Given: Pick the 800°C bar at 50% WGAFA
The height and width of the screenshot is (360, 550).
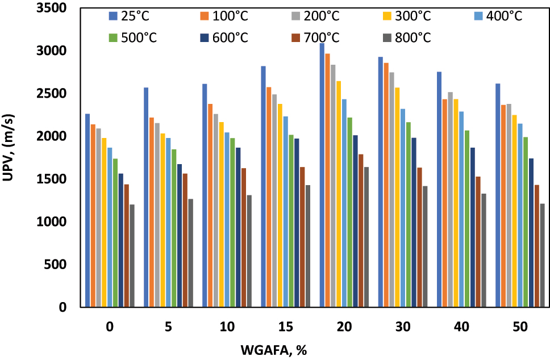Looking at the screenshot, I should click(x=542, y=255).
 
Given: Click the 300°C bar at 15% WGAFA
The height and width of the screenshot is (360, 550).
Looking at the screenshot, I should click(x=280, y=205).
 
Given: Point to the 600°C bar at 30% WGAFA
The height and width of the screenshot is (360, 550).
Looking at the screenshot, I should click(x=413, y=222).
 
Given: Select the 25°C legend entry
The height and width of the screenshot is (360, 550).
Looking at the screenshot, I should click(x=131, y=16).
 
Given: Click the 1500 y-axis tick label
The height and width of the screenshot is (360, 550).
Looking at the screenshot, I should click(x=52, y=179).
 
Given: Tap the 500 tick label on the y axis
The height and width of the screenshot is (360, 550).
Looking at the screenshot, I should click(x=55, y=265).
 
